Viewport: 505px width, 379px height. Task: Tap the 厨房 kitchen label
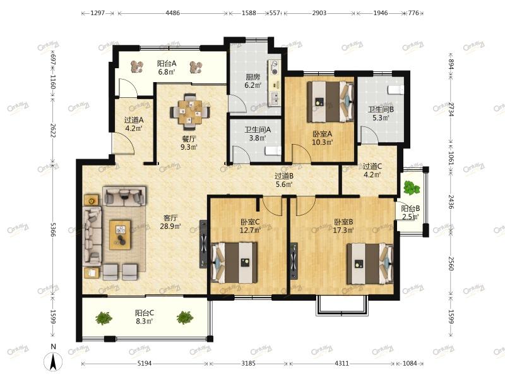(253, 77)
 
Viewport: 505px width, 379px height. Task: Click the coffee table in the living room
(120, 234)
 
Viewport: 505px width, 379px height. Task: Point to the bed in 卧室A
(330, 102)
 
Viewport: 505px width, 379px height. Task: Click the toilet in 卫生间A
(273, 151)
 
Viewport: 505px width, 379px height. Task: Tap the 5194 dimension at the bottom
(145, 364)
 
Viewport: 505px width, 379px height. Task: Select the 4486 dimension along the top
(172, 13)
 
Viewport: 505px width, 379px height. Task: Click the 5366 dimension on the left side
(53, 229)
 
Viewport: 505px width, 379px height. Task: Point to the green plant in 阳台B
(412, 188)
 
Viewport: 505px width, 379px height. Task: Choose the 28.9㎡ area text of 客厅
(170, 226)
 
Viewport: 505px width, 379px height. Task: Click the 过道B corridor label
(283, 176)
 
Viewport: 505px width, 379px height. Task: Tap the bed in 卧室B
(370, 263)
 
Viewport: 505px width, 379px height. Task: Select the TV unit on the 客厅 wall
(203, 244)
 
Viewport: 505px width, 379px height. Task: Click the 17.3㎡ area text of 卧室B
(343, 231)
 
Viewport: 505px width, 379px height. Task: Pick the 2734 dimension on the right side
(451, 109)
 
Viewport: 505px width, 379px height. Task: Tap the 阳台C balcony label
(145, 313)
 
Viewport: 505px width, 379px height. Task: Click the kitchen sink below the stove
(275, 98)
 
